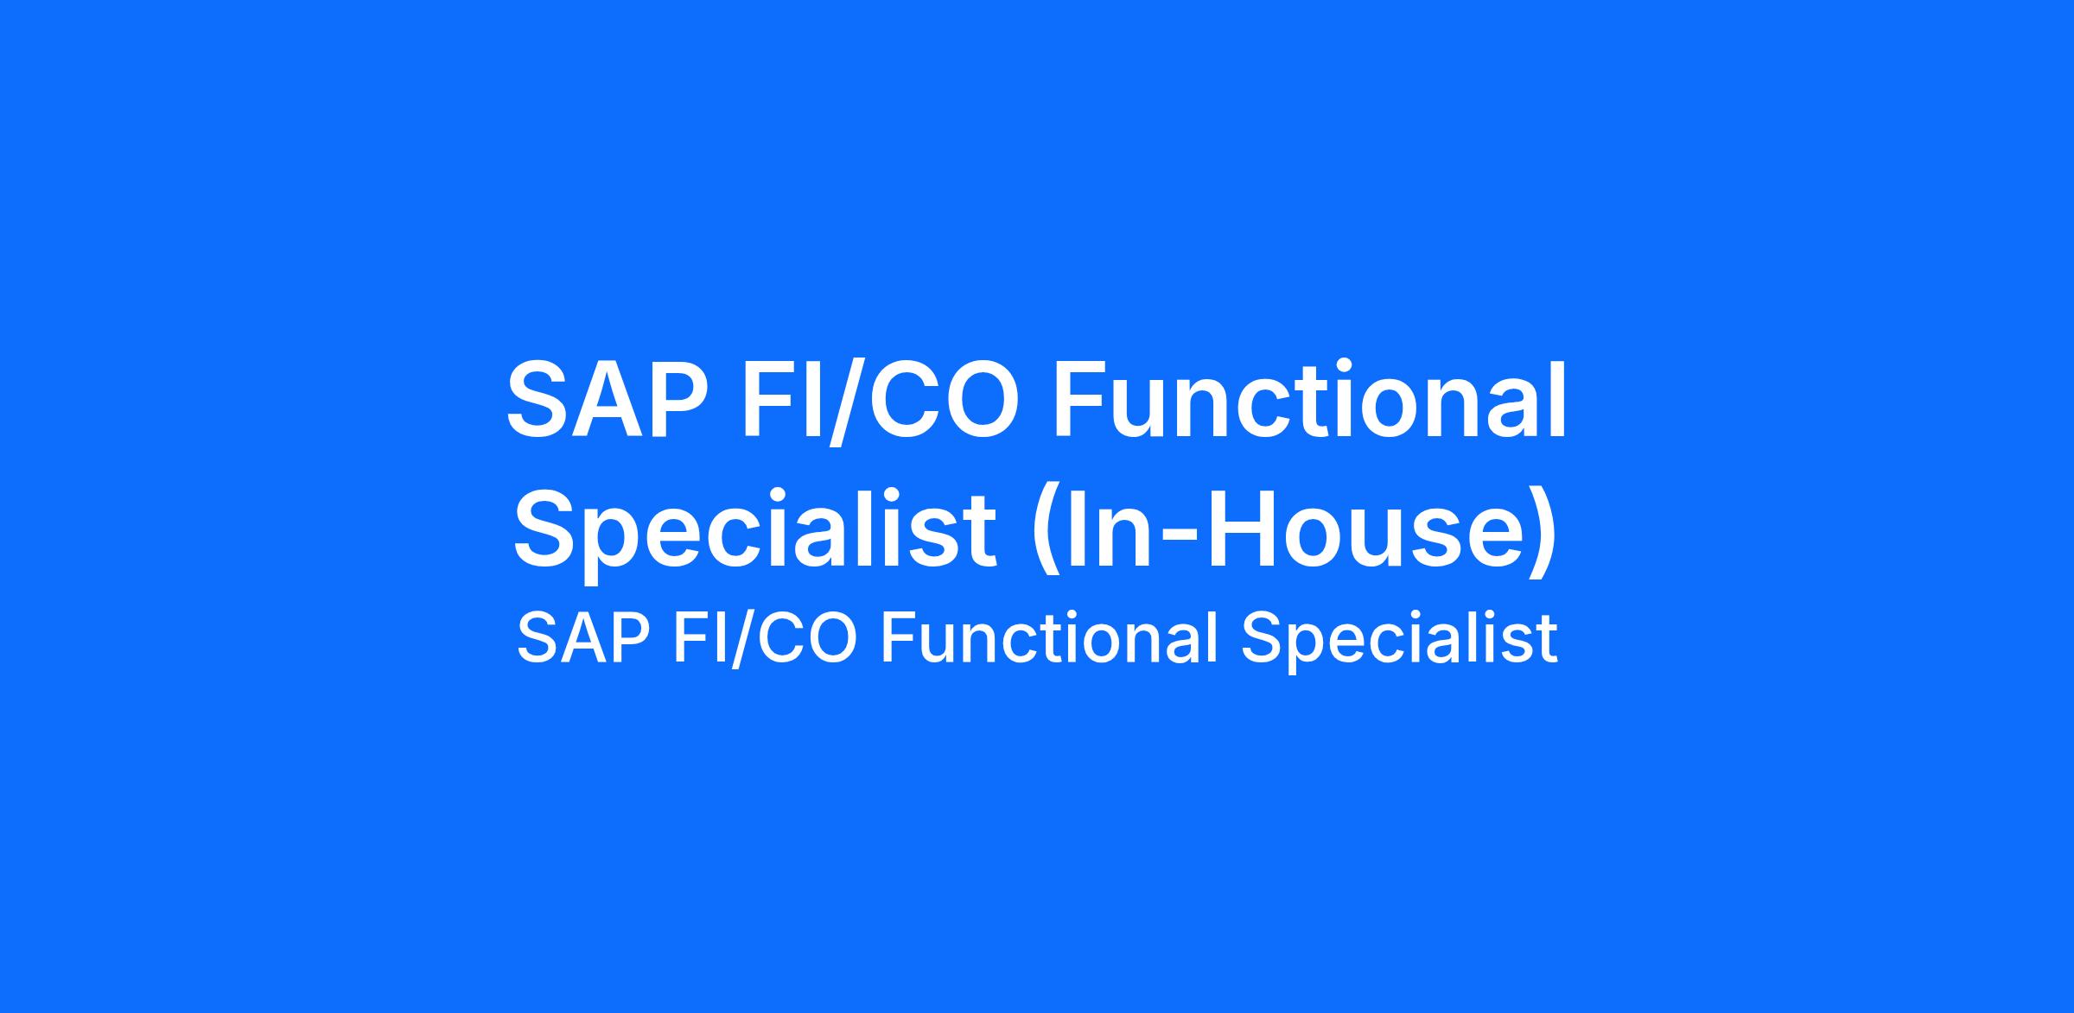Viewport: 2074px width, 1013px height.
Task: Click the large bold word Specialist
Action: [x=754, y=530]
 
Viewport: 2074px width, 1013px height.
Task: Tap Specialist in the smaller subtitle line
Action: [x=1399, y=640]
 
